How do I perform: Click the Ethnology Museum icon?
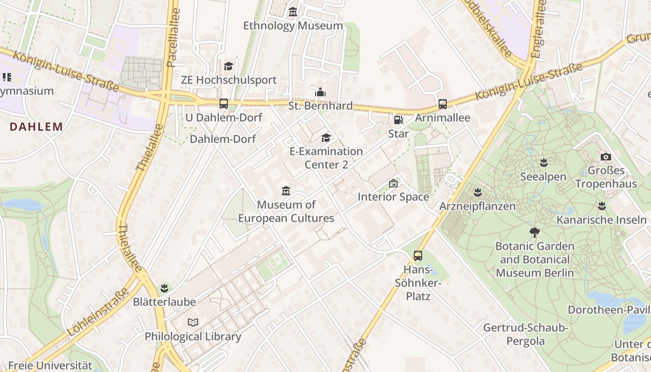(x=292, y=12)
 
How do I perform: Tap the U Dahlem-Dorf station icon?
(x=224, y=103)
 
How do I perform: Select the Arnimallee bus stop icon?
(x=442, y=104)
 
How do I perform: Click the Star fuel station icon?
(x=399, y=120)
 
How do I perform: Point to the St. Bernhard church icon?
(x=320, y=92)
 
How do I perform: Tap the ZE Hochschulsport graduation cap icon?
(x=228, y=66)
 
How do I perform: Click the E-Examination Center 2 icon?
(x=326, y=138)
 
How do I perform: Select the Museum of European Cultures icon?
(x=286, y=191)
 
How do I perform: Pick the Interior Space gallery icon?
(x=393, y=183)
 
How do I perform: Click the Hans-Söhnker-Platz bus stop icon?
(x=418, y=255)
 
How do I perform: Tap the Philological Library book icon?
(x=193, y=322)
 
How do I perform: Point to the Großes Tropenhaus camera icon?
(x=606, y=157)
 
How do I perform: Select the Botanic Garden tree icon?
(x=535, y=232)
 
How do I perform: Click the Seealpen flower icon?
(x=543, y=163)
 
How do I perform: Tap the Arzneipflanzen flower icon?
(x=478, y=192)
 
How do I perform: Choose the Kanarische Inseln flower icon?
(x=602, y=206)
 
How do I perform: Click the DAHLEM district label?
(x=36, y=126)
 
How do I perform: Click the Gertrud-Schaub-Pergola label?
(x=525, y=334)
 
